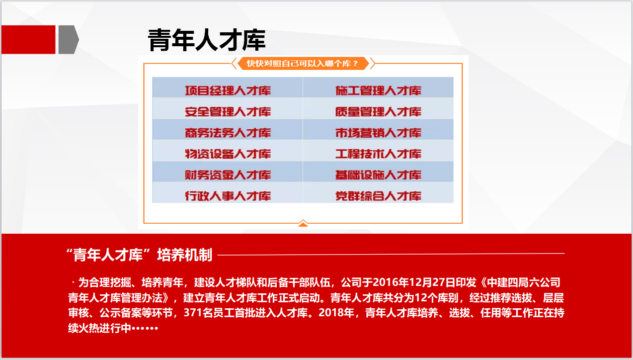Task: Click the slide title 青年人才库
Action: [x=207, y=40]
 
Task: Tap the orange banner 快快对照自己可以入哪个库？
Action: [x=303, y=64]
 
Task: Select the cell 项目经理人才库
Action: [x=228, y=90]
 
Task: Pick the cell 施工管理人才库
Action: [x=378, y=90]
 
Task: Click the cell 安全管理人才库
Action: [x=228, y=111]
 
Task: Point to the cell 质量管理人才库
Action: [x=378, y=111]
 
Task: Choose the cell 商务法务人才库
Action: [x=228, y=133]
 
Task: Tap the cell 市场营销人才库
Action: [x=378, y=133]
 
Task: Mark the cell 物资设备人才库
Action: [x=228, y=154]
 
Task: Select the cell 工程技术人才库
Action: [x=378, y=154]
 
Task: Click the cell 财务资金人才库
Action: [x=228, y=175]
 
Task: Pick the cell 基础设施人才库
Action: [x=378, y=175]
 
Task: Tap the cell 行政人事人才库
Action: [x=228, y=195]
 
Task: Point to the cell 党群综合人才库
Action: [x=378, y=195]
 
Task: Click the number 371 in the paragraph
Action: [x=192, y=313]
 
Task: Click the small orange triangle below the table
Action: [x=303, y=224]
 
